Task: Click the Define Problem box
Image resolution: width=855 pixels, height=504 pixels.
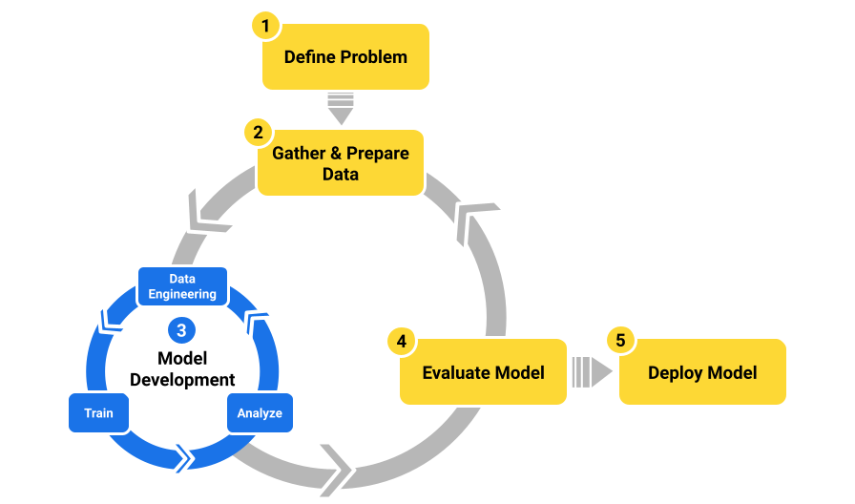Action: point(345,57)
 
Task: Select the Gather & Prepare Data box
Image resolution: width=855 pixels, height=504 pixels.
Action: point(340,163)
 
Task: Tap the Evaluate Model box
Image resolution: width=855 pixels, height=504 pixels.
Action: point(483,372)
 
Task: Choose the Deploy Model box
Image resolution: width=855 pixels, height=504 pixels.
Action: point(702,372)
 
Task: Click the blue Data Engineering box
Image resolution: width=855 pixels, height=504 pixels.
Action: point(182,286)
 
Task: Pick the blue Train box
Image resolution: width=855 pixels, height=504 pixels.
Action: point(98,413)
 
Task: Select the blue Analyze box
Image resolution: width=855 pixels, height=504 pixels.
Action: point(260,413)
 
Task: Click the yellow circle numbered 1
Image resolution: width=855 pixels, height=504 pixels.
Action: point(264,25)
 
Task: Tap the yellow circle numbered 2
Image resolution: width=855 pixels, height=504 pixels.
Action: point(257,131)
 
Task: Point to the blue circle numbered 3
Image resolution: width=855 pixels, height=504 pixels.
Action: point(181,330)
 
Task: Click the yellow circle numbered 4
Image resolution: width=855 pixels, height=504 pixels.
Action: point(401,341)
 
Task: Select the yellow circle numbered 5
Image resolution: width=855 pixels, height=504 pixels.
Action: point(620,341)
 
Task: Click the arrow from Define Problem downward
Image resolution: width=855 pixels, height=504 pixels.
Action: point(341,108)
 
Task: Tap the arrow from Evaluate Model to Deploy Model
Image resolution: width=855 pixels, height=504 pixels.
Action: point(592,372)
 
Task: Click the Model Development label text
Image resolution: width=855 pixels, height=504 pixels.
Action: point(182,369)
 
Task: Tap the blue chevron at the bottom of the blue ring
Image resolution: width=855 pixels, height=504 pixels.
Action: point(181,458)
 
